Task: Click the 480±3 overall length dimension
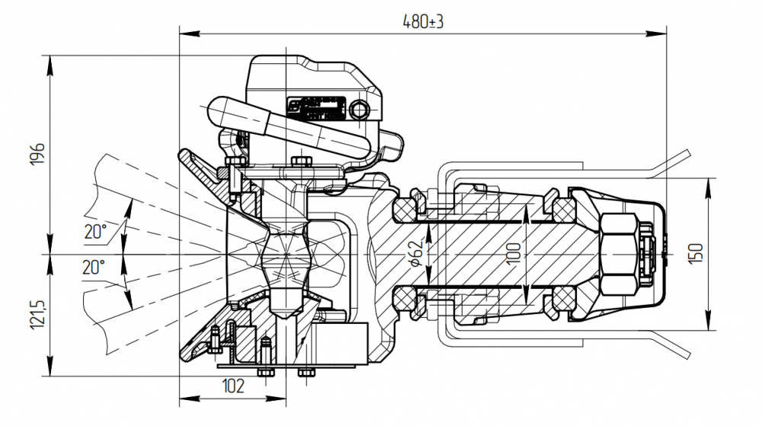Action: (423, 22)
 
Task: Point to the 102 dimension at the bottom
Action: (234, 386)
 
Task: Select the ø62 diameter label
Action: (416, 252)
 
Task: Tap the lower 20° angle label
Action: (94, 267)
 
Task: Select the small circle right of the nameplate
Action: (359, 111)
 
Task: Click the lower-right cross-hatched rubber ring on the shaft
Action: (563, 298)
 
